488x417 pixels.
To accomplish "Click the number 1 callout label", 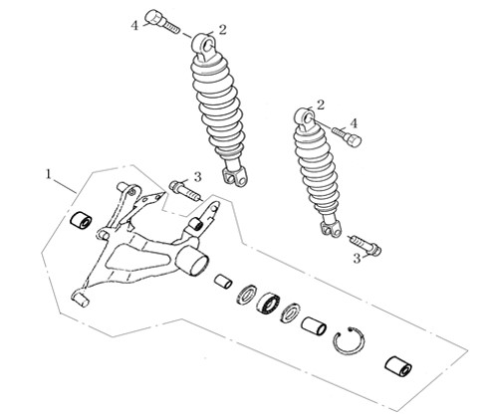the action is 49,174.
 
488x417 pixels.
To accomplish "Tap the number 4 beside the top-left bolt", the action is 134,25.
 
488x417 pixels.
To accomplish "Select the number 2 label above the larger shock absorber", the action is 222,30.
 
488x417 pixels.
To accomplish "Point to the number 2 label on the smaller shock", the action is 321,104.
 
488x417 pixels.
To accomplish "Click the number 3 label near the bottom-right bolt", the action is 357,259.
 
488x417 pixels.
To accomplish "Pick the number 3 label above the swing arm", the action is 197,177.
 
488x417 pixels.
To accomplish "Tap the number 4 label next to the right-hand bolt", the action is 354,123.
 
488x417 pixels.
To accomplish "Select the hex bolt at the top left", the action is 162,21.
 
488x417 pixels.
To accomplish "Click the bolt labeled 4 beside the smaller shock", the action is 347,136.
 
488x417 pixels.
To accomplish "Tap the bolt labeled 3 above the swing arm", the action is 185,190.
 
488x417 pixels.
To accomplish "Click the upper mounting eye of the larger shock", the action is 205,46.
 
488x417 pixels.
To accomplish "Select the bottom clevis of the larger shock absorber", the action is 235,175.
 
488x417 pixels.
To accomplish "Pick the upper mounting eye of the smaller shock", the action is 306,118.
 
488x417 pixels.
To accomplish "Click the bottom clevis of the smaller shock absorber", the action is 331,227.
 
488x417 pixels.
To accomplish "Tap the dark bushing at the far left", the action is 81,221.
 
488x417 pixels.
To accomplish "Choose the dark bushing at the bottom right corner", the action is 398,366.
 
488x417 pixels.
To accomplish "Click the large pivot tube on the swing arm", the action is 192,261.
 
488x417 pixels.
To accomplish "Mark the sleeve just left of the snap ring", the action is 314,325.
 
